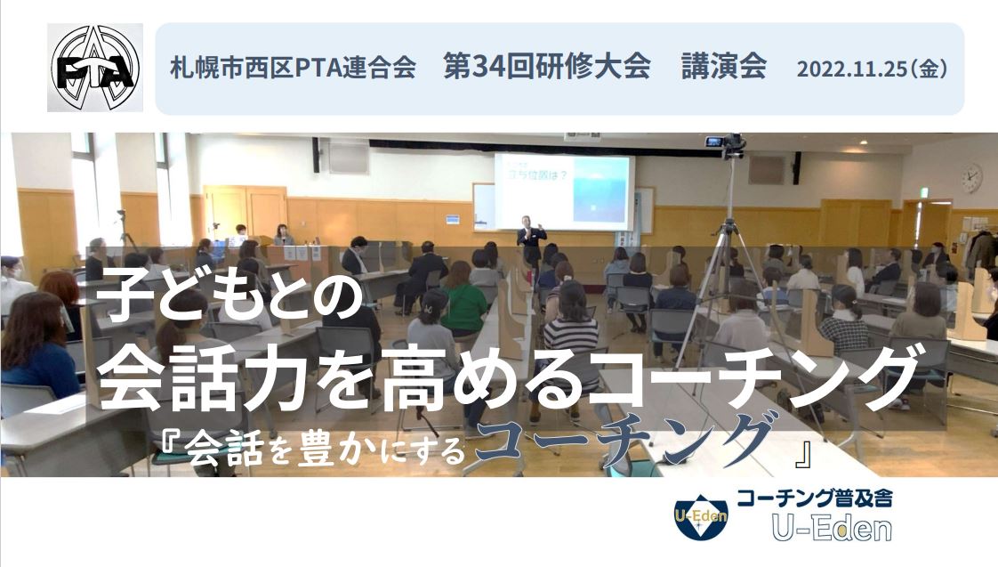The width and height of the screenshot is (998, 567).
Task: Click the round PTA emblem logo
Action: [95, 68]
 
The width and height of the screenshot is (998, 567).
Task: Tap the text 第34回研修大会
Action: [547, 67]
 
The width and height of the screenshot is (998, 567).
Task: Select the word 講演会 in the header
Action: [724, 67]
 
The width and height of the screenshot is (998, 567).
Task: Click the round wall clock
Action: [971, 178]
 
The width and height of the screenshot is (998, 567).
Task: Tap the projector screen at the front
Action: [565, 190]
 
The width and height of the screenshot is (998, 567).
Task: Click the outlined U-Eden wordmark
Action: [833, 529]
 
